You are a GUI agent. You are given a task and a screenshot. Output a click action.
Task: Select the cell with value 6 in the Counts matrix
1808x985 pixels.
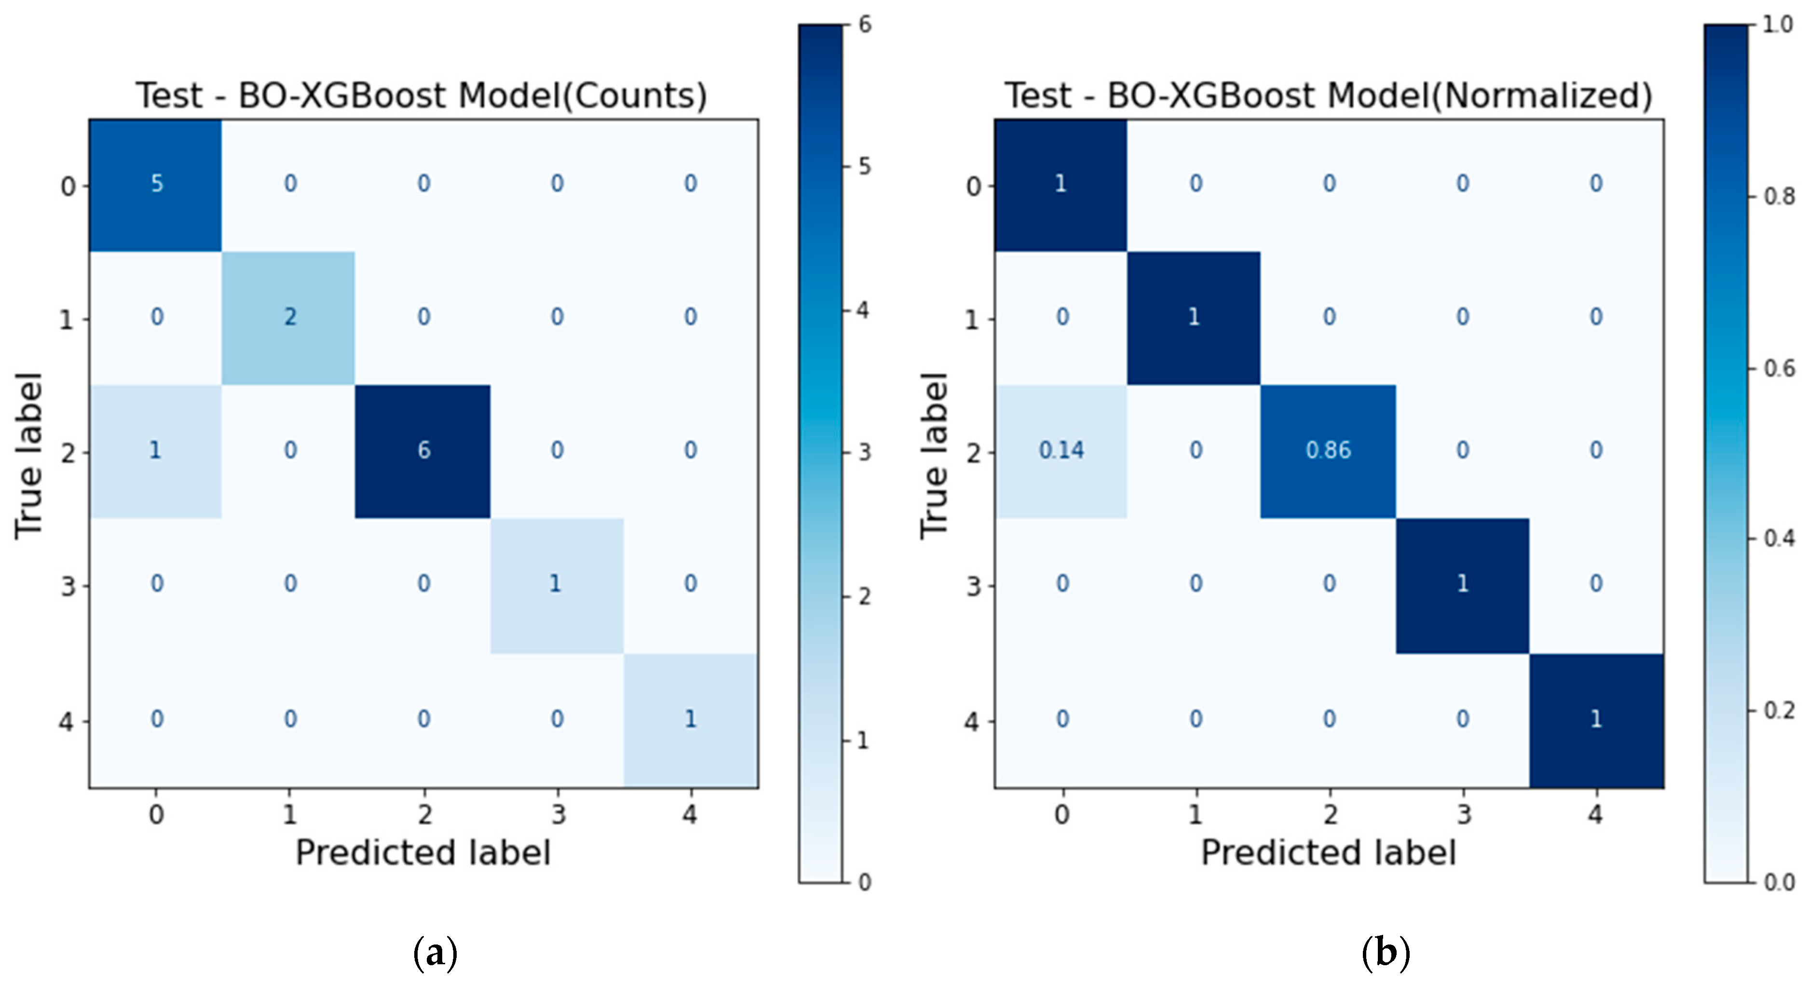click(423, 450)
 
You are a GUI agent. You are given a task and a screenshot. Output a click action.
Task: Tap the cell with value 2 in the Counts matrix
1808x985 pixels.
click(289, 317)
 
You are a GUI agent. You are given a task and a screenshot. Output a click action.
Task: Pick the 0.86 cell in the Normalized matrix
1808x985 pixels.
click(1328, 450)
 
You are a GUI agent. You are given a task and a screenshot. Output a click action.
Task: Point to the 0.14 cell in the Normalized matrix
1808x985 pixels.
click(1061, 450)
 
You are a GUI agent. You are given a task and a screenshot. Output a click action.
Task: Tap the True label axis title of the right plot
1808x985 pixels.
click(934, 456)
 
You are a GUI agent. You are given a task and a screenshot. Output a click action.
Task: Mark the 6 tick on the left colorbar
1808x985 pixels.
click(865, 25)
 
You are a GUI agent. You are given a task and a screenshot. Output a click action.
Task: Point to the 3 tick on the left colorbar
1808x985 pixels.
click(865, 453)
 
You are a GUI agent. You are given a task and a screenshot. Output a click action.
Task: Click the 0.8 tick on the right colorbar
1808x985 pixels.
click(1779, 196)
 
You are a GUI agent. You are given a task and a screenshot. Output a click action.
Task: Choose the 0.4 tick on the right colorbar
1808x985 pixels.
click(1779, 539)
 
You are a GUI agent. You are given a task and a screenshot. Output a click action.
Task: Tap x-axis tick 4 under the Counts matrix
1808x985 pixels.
click(690, 814)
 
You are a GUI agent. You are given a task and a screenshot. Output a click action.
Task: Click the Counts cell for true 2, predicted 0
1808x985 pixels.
click(156, 450)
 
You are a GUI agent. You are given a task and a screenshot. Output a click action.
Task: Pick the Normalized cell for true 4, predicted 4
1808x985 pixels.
click(1595, 719)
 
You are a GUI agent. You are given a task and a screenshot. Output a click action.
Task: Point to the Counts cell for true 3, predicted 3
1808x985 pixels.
click(556, 584)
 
